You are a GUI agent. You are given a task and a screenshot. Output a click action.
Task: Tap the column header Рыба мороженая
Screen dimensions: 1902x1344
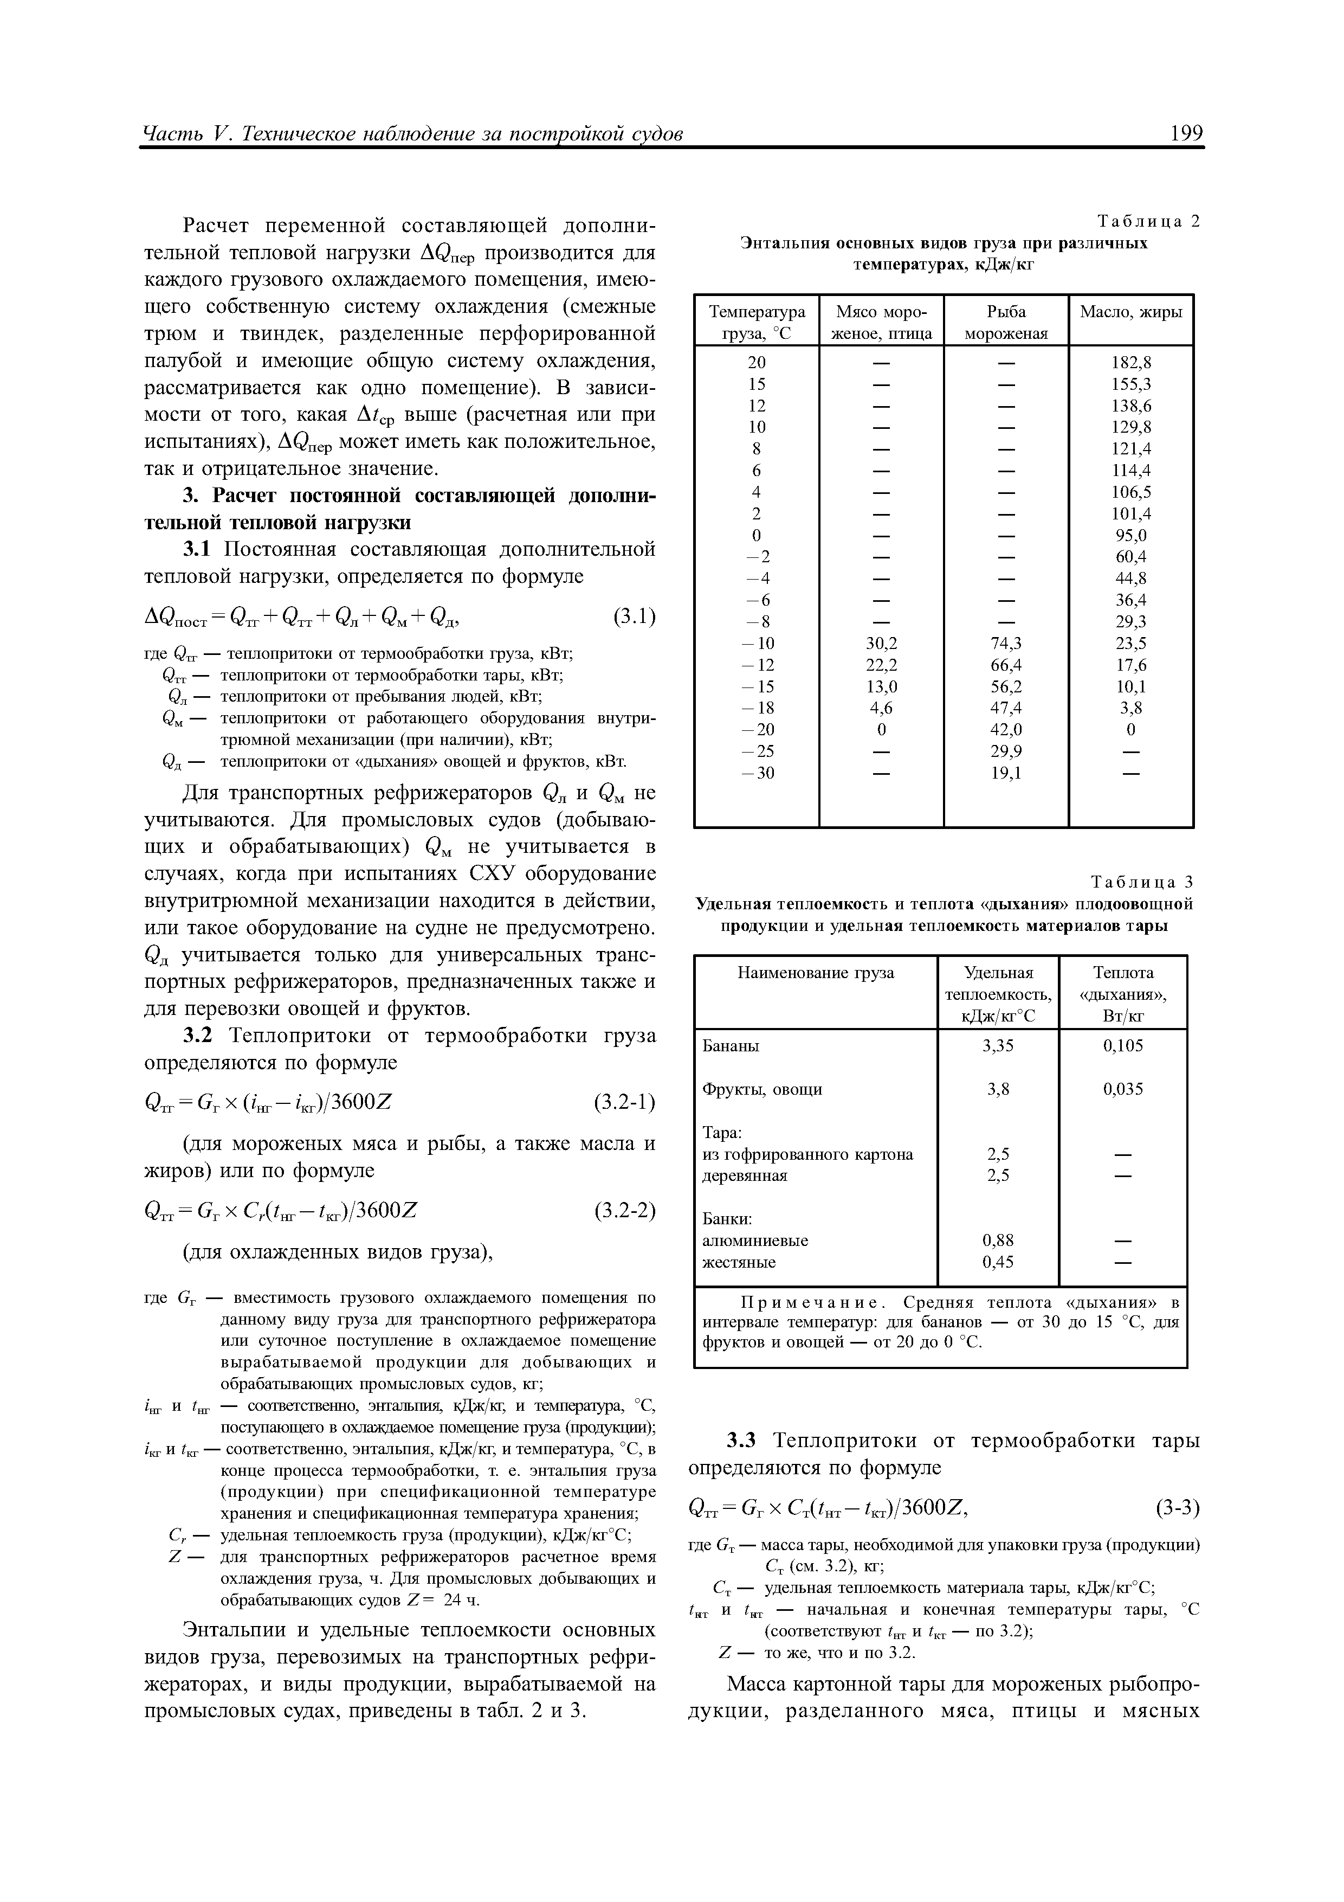[x=1005, y=322]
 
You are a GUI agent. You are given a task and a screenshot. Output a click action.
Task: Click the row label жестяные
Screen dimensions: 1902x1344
[x=739, y=1262]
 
